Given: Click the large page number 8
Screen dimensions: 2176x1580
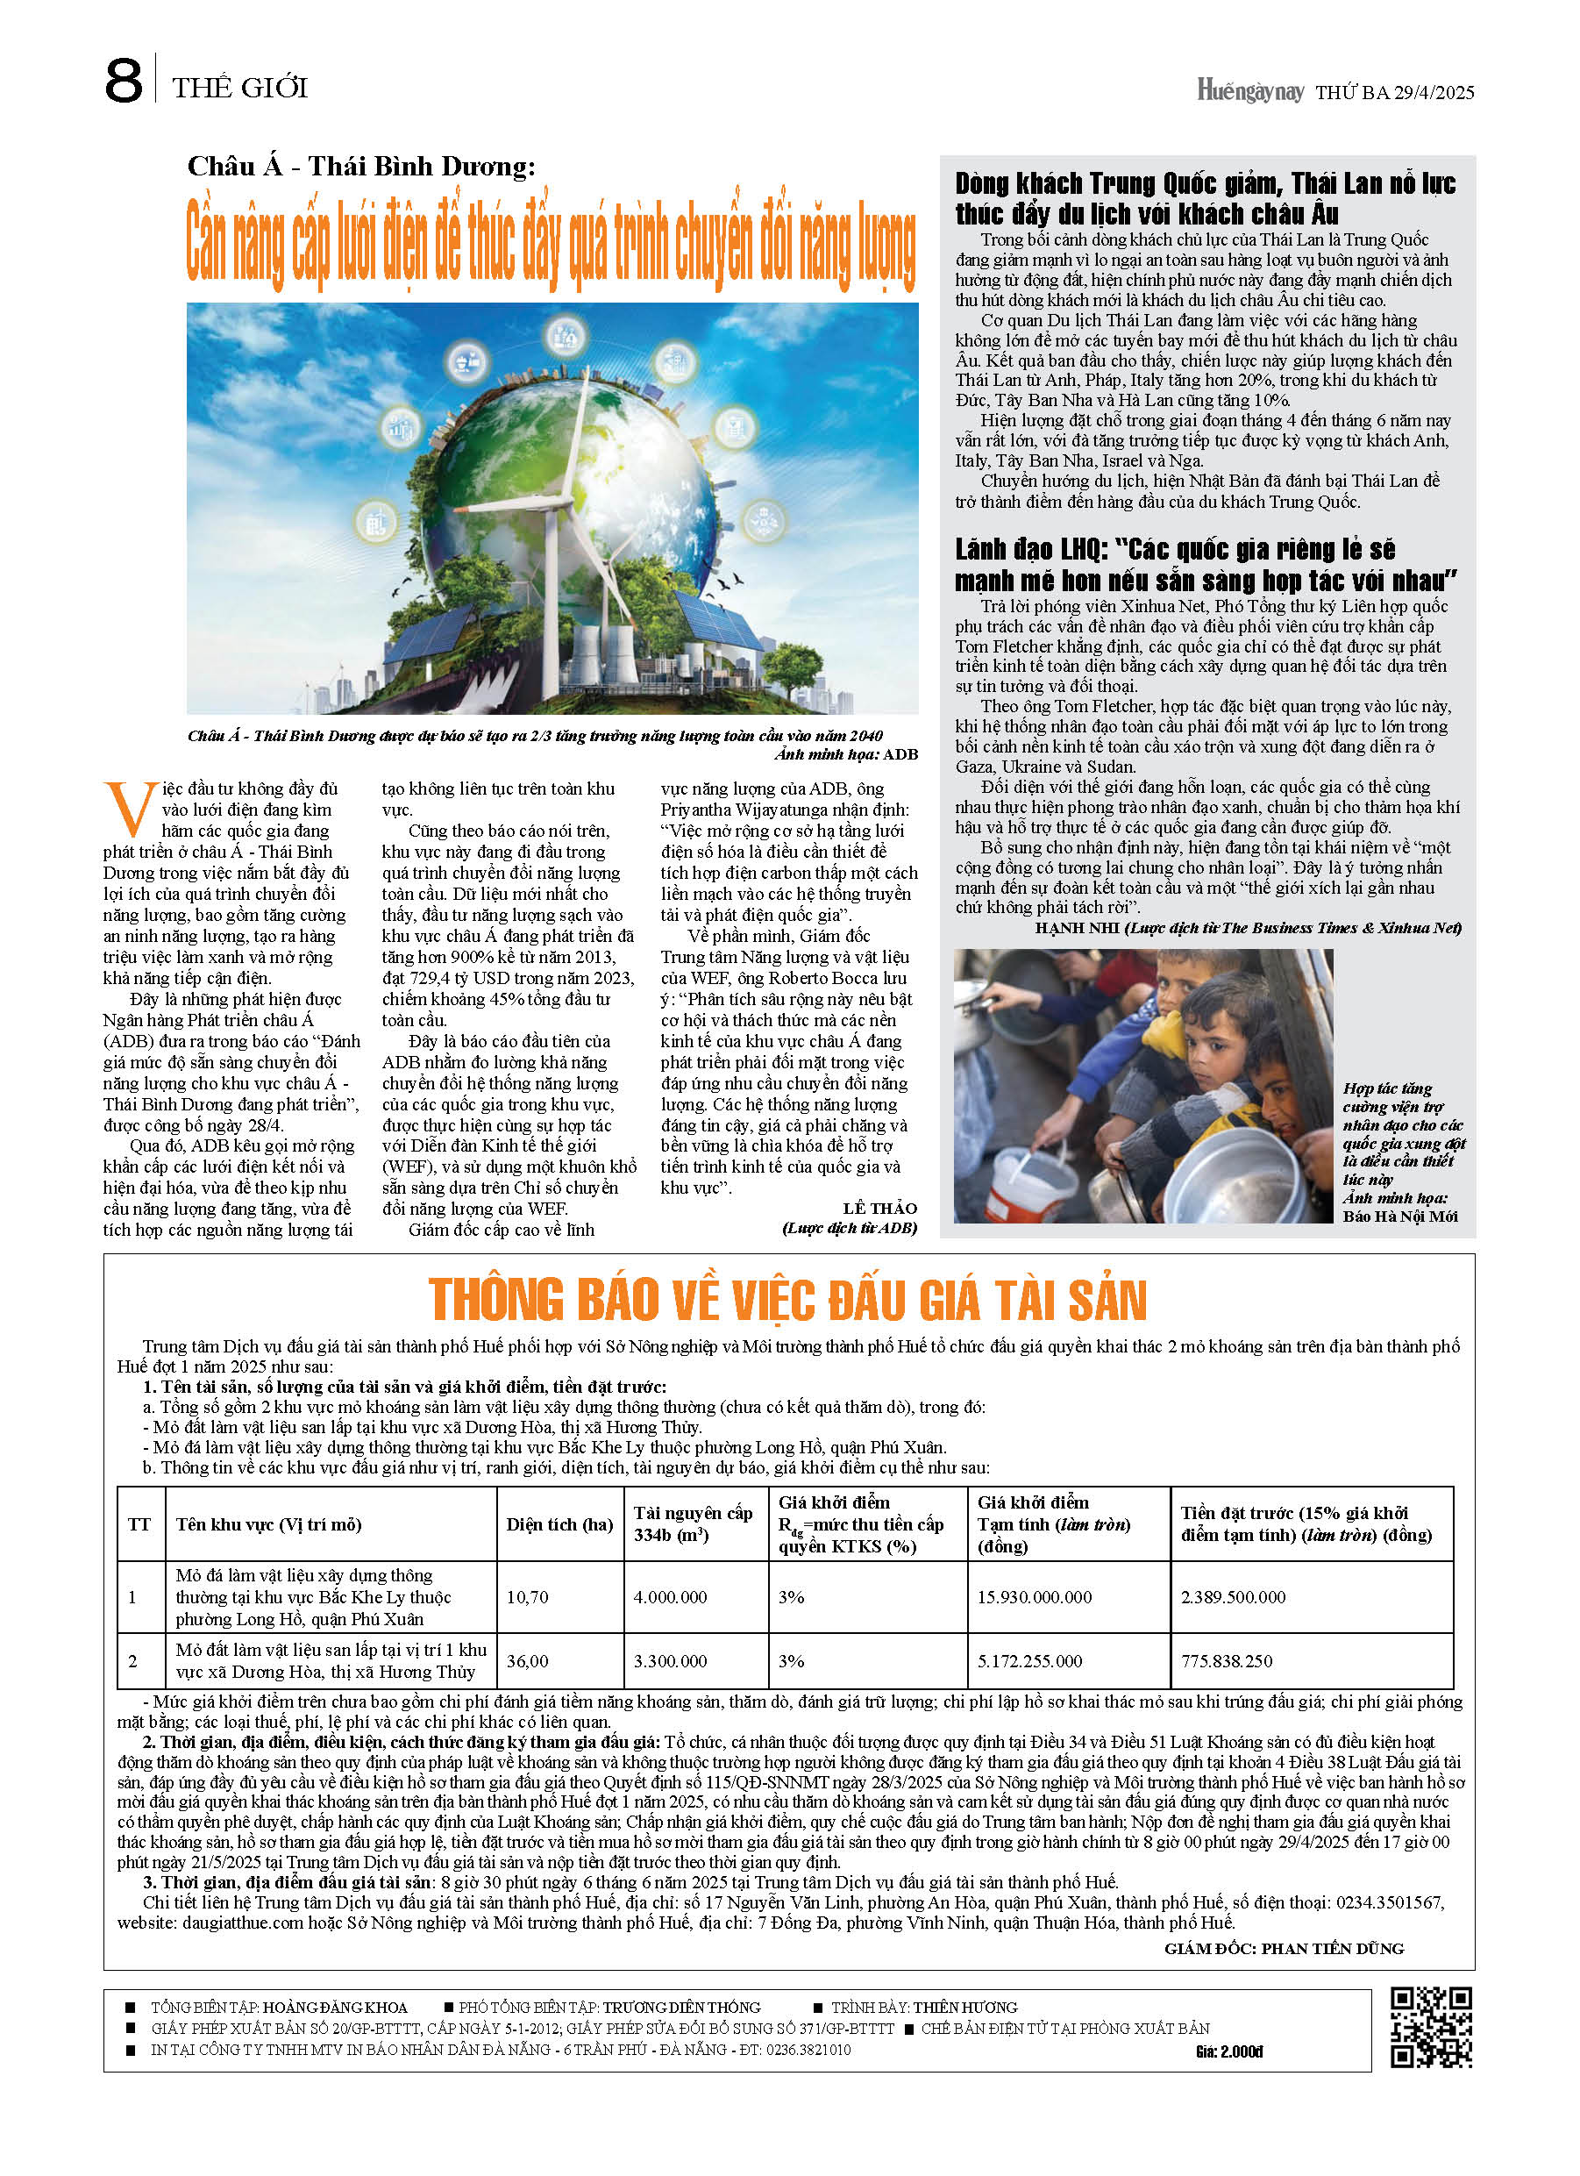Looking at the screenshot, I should (x=123, y=82).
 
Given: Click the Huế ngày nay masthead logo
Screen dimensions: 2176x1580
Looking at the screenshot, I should (x=1249, y=91).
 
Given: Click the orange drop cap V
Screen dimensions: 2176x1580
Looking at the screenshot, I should (x=129, y=808).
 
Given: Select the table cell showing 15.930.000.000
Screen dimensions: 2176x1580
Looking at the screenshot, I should (x=1034, y=1597).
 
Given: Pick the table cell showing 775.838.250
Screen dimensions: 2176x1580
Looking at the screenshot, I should (x=1226, y=1661).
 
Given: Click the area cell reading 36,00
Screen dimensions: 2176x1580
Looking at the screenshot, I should (x=528, y=1661).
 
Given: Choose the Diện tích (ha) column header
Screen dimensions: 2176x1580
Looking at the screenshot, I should (x=559, y=1524).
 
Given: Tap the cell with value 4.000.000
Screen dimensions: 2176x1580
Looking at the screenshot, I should (x=670, y=1597).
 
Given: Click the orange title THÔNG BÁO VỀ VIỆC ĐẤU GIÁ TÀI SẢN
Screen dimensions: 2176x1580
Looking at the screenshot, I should (x=787, y=1300).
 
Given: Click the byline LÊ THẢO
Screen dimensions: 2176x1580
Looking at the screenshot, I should (x=879, y=1208).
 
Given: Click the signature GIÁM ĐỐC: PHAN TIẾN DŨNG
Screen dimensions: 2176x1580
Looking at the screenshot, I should (x=1284, y=1949).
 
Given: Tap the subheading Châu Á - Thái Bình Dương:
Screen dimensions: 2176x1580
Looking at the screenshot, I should (x=360, y=167).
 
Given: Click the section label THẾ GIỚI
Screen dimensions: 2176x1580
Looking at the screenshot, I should (x=240, y=89).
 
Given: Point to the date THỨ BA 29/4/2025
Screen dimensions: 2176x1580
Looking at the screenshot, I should (x=1394, y=93).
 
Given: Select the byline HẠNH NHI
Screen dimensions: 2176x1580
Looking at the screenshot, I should (x=1077, y=928).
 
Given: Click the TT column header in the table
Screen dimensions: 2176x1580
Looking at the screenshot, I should (x=139, y=1524).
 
